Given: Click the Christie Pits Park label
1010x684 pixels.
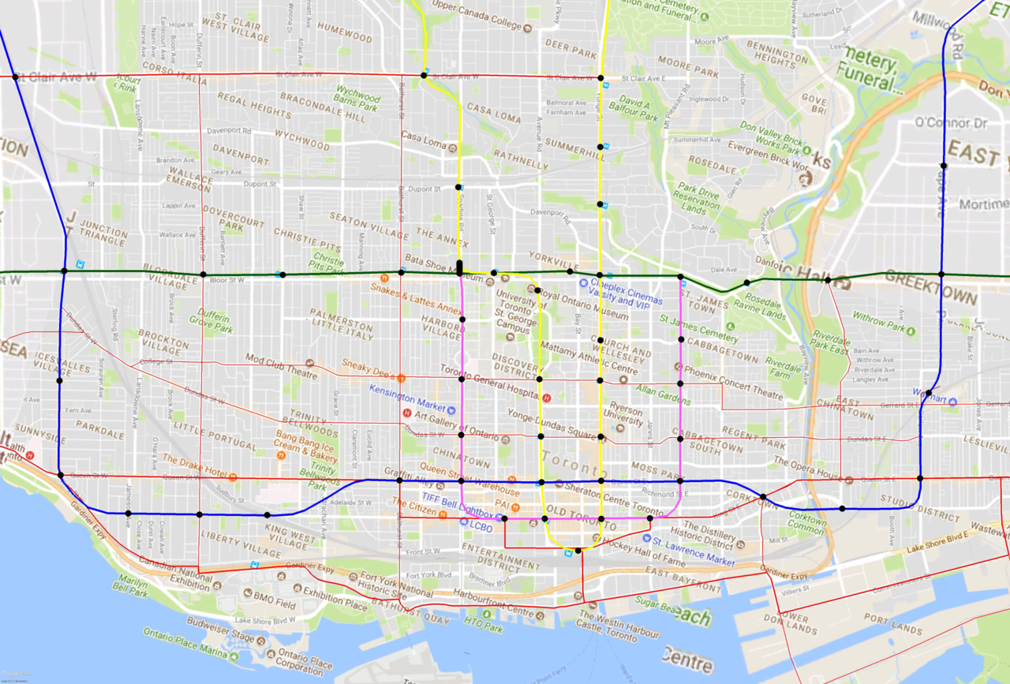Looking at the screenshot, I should (328, 262).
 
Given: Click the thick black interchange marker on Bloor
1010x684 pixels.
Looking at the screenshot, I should (459, 267).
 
